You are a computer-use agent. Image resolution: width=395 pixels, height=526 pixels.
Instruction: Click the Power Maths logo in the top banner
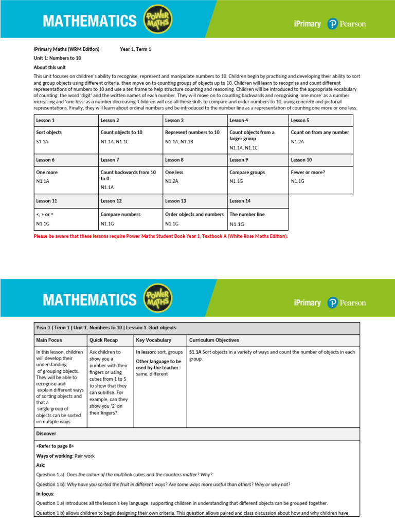[158, 21]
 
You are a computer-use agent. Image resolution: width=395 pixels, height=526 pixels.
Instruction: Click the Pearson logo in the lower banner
[347, 303]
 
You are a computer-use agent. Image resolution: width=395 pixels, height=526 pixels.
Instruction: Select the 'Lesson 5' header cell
[300, 120]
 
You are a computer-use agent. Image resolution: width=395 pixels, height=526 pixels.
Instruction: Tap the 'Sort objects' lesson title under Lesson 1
[49, 133]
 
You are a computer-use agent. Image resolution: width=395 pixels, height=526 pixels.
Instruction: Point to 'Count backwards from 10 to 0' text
[128, 175]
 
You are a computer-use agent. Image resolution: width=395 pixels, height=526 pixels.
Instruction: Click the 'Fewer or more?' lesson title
[308, 173]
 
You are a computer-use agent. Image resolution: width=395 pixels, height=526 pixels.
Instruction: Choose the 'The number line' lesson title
[247, 214]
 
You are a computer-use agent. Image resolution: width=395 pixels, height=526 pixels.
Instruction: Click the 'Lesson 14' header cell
[240, 201]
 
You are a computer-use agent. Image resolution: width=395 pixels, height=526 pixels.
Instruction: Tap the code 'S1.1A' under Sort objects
[43, 141]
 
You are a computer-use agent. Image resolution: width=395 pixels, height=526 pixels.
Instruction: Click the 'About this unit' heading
[49, 67]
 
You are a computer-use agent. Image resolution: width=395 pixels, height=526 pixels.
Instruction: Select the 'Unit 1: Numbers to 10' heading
[57, 58]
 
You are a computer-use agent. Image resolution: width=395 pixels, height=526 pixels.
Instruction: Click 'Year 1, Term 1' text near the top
[135, 49]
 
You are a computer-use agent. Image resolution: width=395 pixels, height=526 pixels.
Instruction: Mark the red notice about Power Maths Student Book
[160, 236]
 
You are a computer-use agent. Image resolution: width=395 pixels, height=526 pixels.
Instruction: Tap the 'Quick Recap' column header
[103, 340]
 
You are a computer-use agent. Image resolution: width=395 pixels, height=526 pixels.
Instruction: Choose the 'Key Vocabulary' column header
[153, 340]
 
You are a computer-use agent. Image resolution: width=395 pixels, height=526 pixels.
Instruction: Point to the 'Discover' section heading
[46, 434]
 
